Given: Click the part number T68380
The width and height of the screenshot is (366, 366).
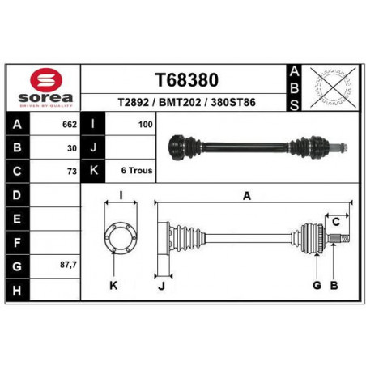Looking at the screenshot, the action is [x=186, y=80].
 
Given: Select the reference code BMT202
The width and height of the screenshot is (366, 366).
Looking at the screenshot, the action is [x=180, y=102].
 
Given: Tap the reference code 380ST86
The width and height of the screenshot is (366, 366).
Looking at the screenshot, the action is [x=233, y=102].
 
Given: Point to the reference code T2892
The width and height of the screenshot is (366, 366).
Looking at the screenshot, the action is [x=134, y=102].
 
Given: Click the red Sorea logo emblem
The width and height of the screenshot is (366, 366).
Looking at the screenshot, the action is [x=46, y=79].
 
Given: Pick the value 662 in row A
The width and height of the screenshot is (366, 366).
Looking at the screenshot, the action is [x=70, y=125].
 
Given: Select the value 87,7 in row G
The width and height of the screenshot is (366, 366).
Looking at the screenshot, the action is [x=68, y=265].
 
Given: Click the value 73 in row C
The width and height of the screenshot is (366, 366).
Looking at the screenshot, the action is [x=72, y=172].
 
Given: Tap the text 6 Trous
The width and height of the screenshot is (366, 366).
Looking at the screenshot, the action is [x=137, y=171].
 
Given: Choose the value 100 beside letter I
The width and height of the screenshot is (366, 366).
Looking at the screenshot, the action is [x=146, y=125].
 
